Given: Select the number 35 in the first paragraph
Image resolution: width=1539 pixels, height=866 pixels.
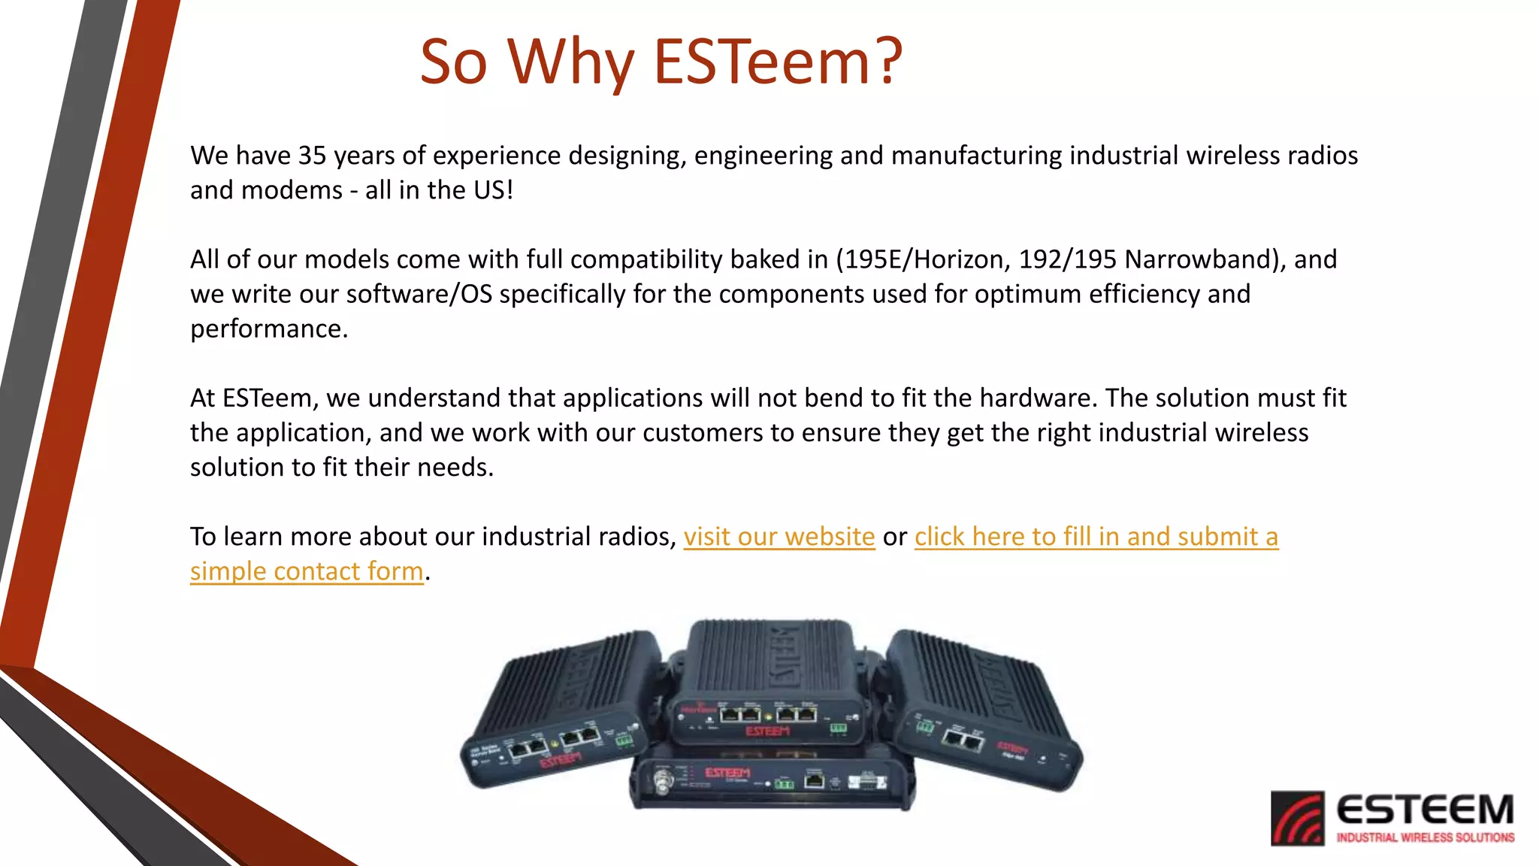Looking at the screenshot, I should (312, 156).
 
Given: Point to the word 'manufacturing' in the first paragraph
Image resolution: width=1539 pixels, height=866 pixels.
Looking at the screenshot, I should (976, 156).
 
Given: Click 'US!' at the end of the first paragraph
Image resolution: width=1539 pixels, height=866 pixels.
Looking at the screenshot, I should (493, 190).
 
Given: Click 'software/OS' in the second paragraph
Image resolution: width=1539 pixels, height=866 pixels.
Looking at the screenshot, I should (419, 294).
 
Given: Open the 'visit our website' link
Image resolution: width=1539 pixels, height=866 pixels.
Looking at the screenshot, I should (779, 537).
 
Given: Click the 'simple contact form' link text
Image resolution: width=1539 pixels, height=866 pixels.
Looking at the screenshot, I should (307, 571).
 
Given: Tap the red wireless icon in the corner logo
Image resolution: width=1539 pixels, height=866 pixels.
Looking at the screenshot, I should (1297, 818).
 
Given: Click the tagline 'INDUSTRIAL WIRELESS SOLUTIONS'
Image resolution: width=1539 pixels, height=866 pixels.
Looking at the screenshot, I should (1425, 837).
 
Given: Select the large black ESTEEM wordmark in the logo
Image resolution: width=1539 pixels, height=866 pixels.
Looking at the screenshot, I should (1425, 810).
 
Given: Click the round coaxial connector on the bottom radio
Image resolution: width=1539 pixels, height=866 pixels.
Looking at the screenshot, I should (663, 785).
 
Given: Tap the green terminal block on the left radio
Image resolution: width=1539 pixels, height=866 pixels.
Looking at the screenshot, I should (624, 740).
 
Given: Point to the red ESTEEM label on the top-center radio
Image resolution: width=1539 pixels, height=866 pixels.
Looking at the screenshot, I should (767, 731).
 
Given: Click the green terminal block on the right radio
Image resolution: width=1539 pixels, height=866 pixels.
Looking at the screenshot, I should (924, 726).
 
